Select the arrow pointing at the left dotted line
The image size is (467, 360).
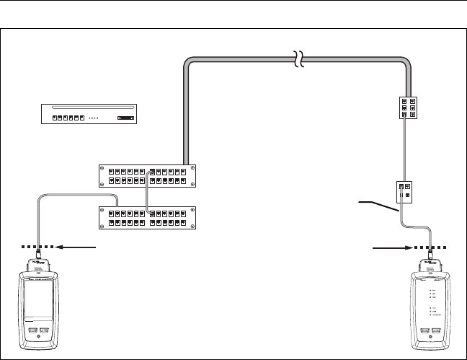pyautogui.click(x=76, y=247)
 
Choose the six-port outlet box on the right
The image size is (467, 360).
pyautogui.click(x=407, y=108)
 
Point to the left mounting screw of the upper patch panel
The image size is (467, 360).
pyautogui.click(x=102, y=176)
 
